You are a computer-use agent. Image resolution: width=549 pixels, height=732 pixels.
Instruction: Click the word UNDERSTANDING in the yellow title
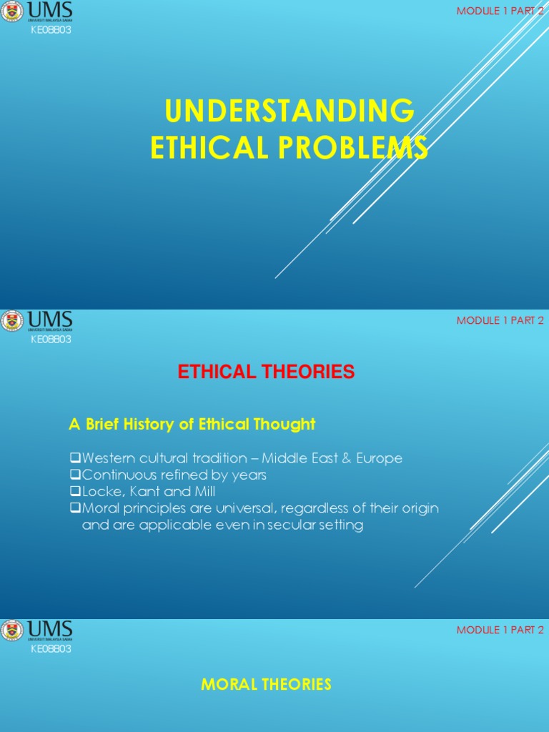(289, 112)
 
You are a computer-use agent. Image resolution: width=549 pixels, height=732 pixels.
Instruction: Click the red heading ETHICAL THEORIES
(266, 372)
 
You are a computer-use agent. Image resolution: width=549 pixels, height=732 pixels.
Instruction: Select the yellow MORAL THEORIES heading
(266, 684)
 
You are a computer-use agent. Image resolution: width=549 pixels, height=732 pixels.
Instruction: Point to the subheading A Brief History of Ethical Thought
(192, 424)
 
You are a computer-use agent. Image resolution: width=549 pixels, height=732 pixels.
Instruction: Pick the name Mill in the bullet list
(200, 492)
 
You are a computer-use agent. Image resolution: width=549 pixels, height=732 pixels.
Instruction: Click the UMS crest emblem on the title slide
(12, 12)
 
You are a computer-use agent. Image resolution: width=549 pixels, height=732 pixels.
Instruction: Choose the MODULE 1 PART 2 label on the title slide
(500, 11)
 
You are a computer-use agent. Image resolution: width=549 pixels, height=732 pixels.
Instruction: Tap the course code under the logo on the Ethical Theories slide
(50, 340)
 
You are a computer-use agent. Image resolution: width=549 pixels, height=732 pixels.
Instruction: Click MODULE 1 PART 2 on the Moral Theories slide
(500, 630)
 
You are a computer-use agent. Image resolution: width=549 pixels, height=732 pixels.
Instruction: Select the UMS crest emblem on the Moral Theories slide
(12, 630)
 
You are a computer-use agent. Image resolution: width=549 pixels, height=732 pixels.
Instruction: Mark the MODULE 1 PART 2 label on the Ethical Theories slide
(500, 320)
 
